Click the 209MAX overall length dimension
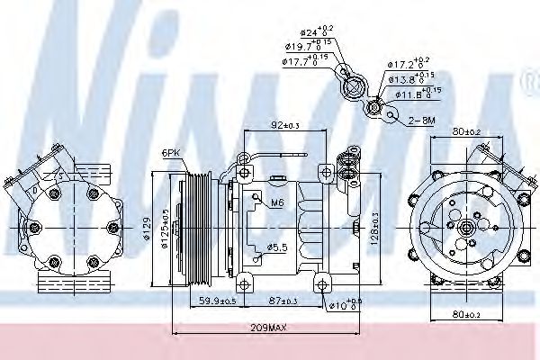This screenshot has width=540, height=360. [267, 328]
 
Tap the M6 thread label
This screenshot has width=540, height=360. [278, 203]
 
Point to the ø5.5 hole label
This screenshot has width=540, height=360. [277, 247]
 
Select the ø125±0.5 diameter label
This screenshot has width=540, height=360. [164, 227]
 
